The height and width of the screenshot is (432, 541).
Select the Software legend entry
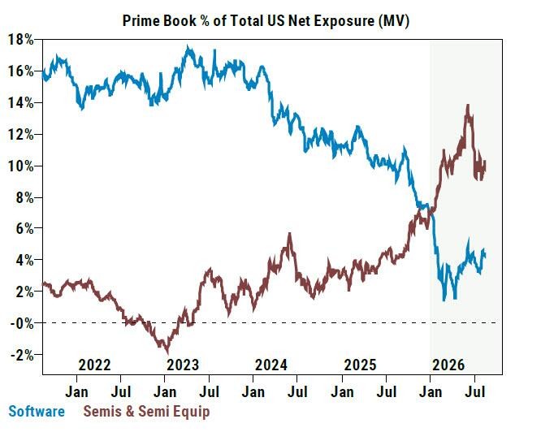[37, 412]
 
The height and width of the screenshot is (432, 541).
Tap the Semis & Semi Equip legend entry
[146, 412]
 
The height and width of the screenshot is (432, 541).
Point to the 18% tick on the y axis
[20, 40]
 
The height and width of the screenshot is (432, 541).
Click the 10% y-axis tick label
[20, 166]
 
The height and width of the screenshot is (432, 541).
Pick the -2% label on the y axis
[22, 355]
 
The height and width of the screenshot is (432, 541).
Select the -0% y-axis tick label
[22, 323]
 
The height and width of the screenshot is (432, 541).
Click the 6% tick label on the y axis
[25, 228]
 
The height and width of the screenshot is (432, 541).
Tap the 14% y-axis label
[20, 103]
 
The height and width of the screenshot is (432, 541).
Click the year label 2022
[94, 365]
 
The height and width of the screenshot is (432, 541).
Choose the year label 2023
[183, 365]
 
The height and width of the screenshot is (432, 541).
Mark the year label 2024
[271, 365]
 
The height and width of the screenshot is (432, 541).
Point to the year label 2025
[360, 365]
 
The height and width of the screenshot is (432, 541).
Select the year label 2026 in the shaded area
[448, 365]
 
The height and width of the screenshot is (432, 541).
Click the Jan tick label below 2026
[431, 392]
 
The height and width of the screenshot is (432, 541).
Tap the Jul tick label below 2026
[475, 392]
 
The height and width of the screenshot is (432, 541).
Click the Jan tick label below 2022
[76, 392]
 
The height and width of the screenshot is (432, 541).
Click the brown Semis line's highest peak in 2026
[468, 105]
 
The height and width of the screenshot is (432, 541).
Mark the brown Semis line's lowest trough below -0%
[167, 352]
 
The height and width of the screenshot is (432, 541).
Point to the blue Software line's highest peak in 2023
[188, 47]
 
